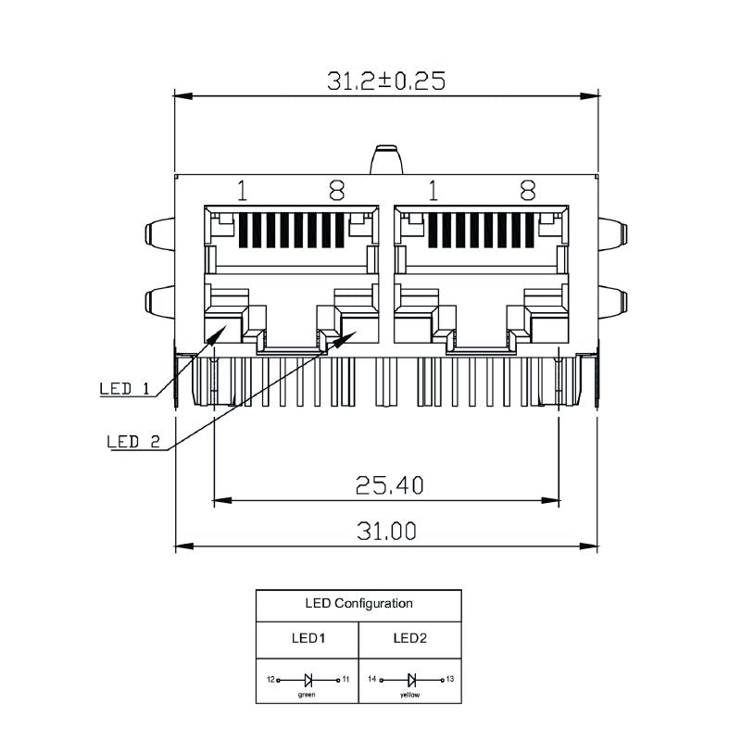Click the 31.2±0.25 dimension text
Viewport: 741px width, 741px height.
(x=385, y=81)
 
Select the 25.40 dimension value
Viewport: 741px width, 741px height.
(x=387, y=484)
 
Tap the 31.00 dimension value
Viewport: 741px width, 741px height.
(x=385, y=531)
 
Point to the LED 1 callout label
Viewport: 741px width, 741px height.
(x=124, y=389)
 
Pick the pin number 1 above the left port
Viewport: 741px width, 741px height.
(x=242, y=191)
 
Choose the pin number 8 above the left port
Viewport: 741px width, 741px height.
(x=337, y=191)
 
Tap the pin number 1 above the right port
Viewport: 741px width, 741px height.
(x=433, y=191)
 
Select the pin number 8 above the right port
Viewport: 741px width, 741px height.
(x=528, y=191)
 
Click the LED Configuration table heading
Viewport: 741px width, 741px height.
(x=358, y=603)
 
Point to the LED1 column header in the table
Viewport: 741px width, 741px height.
(x=307, y=637)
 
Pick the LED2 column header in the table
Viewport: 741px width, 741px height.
(x=409, y=637)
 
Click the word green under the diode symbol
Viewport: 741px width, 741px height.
(x=307, y=693)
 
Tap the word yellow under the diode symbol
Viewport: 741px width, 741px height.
(x=408, y=693)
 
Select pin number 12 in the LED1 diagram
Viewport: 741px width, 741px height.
(x=270, y=680)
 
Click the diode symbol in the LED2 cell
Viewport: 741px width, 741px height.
(x=410, y=680)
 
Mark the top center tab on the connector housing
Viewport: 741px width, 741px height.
(x=386, y=160)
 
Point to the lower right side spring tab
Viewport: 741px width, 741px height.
(x=613, y=302)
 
